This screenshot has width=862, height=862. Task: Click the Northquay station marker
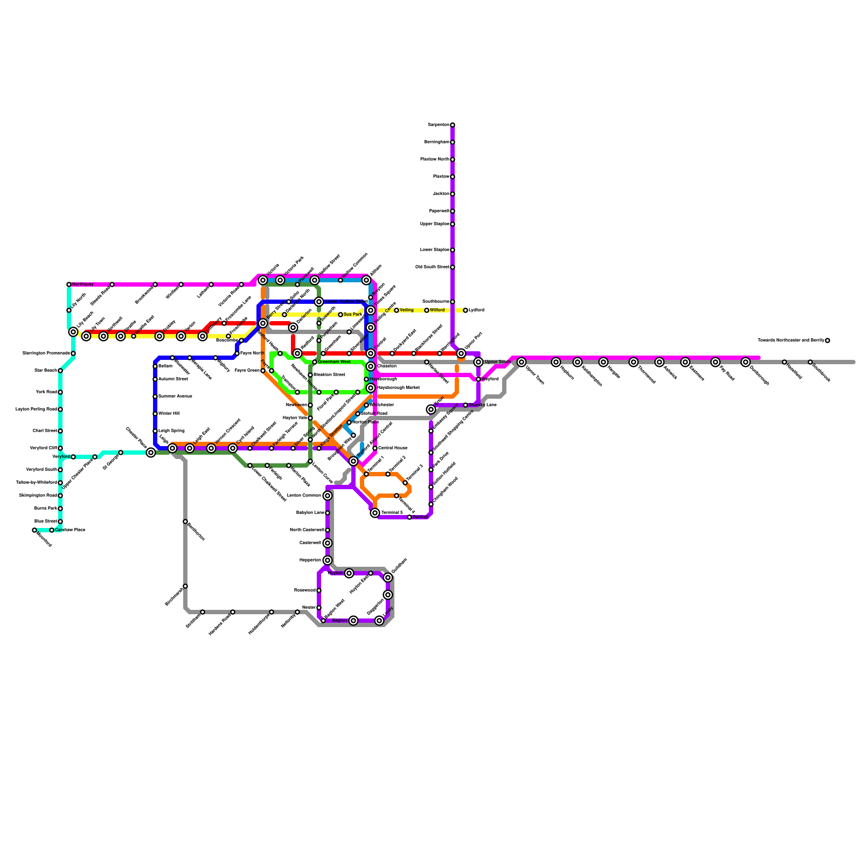click(x=69, y=284)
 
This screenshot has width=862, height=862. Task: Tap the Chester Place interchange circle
click(x=151, y=453)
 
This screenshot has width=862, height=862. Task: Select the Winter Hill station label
click(x=169, y=414)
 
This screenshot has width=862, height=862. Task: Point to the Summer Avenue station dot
click(x=155, y=397)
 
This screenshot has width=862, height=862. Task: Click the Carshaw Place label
click(x=70, y=530)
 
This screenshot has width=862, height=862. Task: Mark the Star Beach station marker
click(x=60, y=371)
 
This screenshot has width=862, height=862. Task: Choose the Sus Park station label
click(x=353, y=315)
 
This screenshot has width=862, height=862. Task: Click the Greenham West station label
click(x=334, y=362)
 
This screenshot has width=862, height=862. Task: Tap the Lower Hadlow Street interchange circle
click(x=319, y=302)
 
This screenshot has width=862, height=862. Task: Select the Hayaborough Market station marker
click(x=371, y=388)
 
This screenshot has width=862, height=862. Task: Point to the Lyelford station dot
click(x=465, y=310)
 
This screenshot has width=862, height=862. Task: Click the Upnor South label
click(x=497, y=362)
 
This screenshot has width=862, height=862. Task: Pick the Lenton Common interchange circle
click(x=328, y=496)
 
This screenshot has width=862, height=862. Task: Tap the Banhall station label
click(x=420, y=517)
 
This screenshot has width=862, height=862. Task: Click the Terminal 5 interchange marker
click(x=375, y=513)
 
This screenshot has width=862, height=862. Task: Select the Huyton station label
click(x=336, y=573)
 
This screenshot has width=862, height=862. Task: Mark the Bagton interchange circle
click(x=353, y=621)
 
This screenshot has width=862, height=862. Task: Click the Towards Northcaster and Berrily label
click(x=790, y=340)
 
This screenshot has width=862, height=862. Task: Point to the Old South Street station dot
click(x=453, y=267)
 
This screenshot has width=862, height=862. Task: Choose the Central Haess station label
click(x=393, y=448)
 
